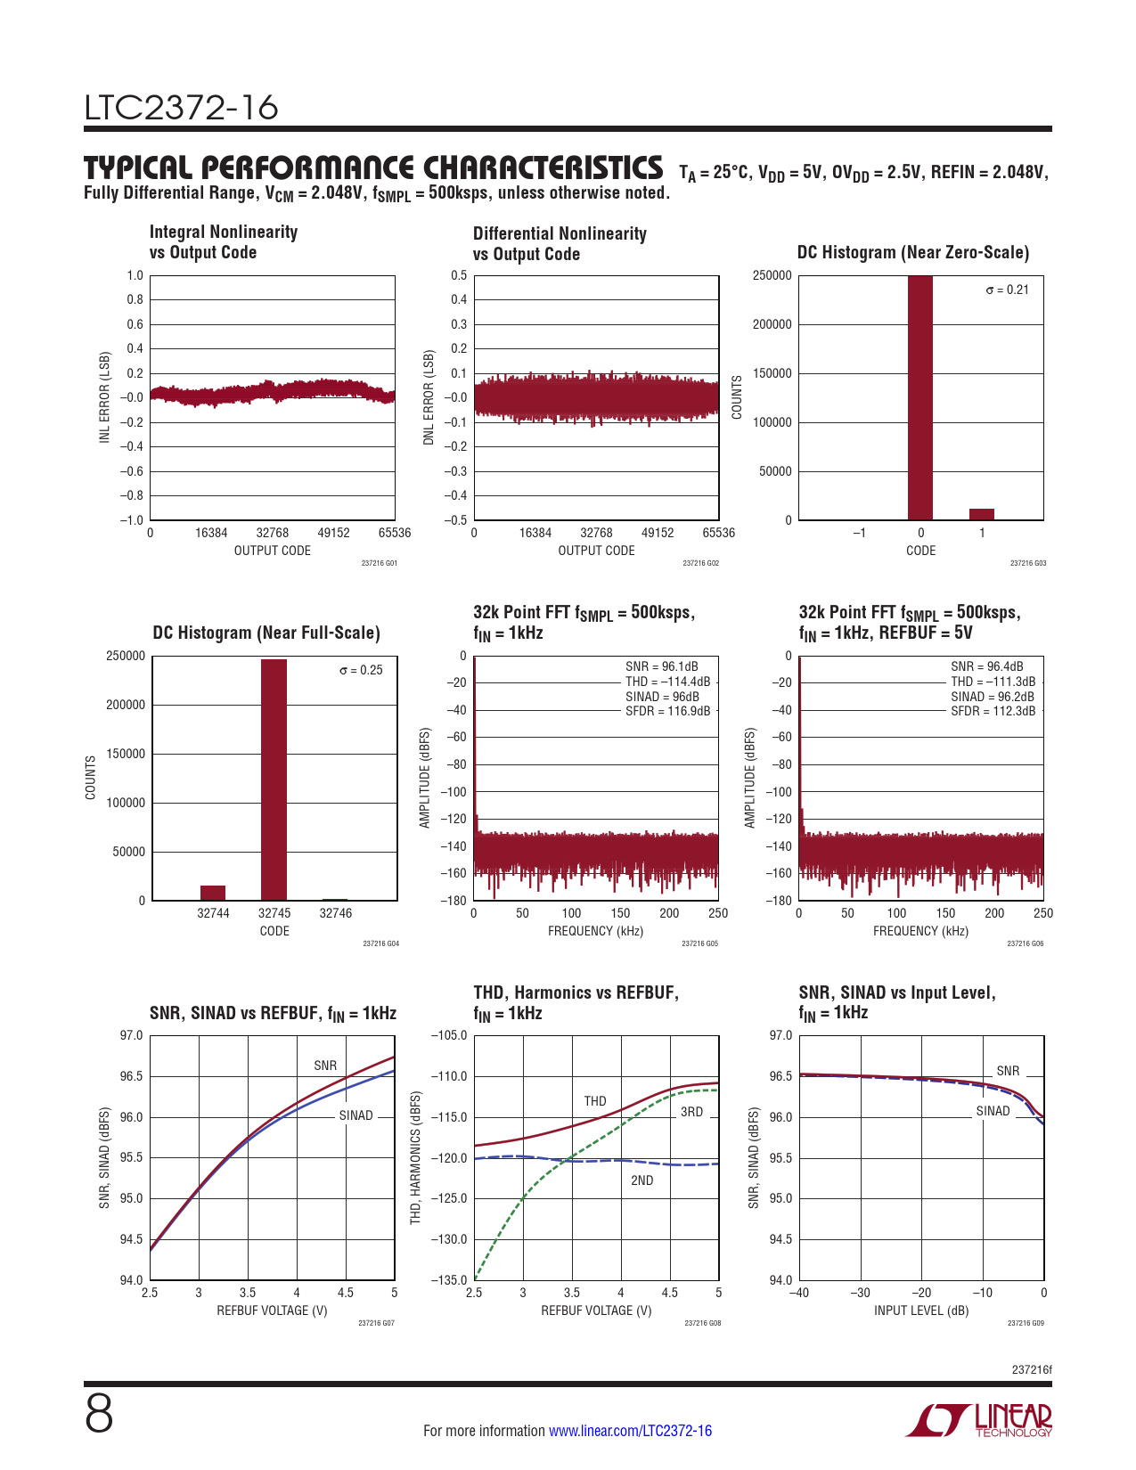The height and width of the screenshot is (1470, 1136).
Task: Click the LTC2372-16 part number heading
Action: pyautogui.click(x=181, y=108)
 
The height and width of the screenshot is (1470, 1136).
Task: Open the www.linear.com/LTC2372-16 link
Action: pyautogui.click(x=630, y=1431)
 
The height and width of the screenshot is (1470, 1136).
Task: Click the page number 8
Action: pyautogui.click(x=99, y=1415)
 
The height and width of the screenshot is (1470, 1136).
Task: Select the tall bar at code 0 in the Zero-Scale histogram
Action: pyautogui.click(x=920, y=397)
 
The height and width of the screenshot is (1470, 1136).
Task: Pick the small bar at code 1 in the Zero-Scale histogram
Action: pyautogui.click(x=981, y=514)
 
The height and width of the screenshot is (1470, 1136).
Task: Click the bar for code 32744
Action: pyautogui.click(x=213, y=893)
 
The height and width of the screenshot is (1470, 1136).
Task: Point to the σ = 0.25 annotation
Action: pyautogui.click(x=361, y=670)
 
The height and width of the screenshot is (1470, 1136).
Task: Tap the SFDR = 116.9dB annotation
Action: pyautogui.click(x=668, y=711)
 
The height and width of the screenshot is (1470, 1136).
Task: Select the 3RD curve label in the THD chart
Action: pyautogui.click(x=691, y=1112)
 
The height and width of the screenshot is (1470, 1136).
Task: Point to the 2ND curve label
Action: pyautogui.click(x=642, y=1180)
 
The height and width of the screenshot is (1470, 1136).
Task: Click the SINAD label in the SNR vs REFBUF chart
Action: pyautogui.click(x=356, y=1115)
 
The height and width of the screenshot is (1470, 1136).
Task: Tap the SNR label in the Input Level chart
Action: pyautogui.click(x=1008, y=1071)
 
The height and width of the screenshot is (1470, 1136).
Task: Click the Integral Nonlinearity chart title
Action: pyautogui.click(x=223, y=242)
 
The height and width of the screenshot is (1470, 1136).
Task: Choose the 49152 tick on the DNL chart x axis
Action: pyautogui.click(x=658, y=533)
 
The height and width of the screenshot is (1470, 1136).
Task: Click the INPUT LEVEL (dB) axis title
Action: pyautogui.click(x=920, y=1311)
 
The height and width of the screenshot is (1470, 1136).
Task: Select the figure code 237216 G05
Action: pyautogui.click(x=699, y=943)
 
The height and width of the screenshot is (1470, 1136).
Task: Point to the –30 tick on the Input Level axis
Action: pyautogui.click(x=860, y=1293)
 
